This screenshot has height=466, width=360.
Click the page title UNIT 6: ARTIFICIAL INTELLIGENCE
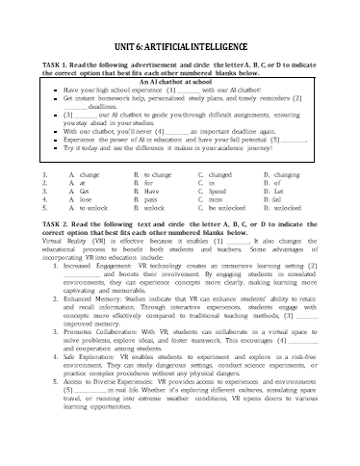pyautogui.click(x=180, y=36)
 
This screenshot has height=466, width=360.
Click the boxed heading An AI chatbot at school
pyautogui.click(x=179, y=83)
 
